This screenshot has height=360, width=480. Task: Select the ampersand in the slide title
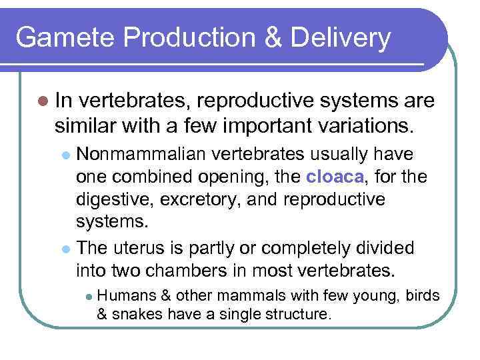[x=273, y=38]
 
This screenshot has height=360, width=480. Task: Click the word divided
[x=386, y=248]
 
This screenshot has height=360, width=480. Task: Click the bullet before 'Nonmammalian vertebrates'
[x=65, y=155]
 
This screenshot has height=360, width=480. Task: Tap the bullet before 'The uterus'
[x=65, y=249]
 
